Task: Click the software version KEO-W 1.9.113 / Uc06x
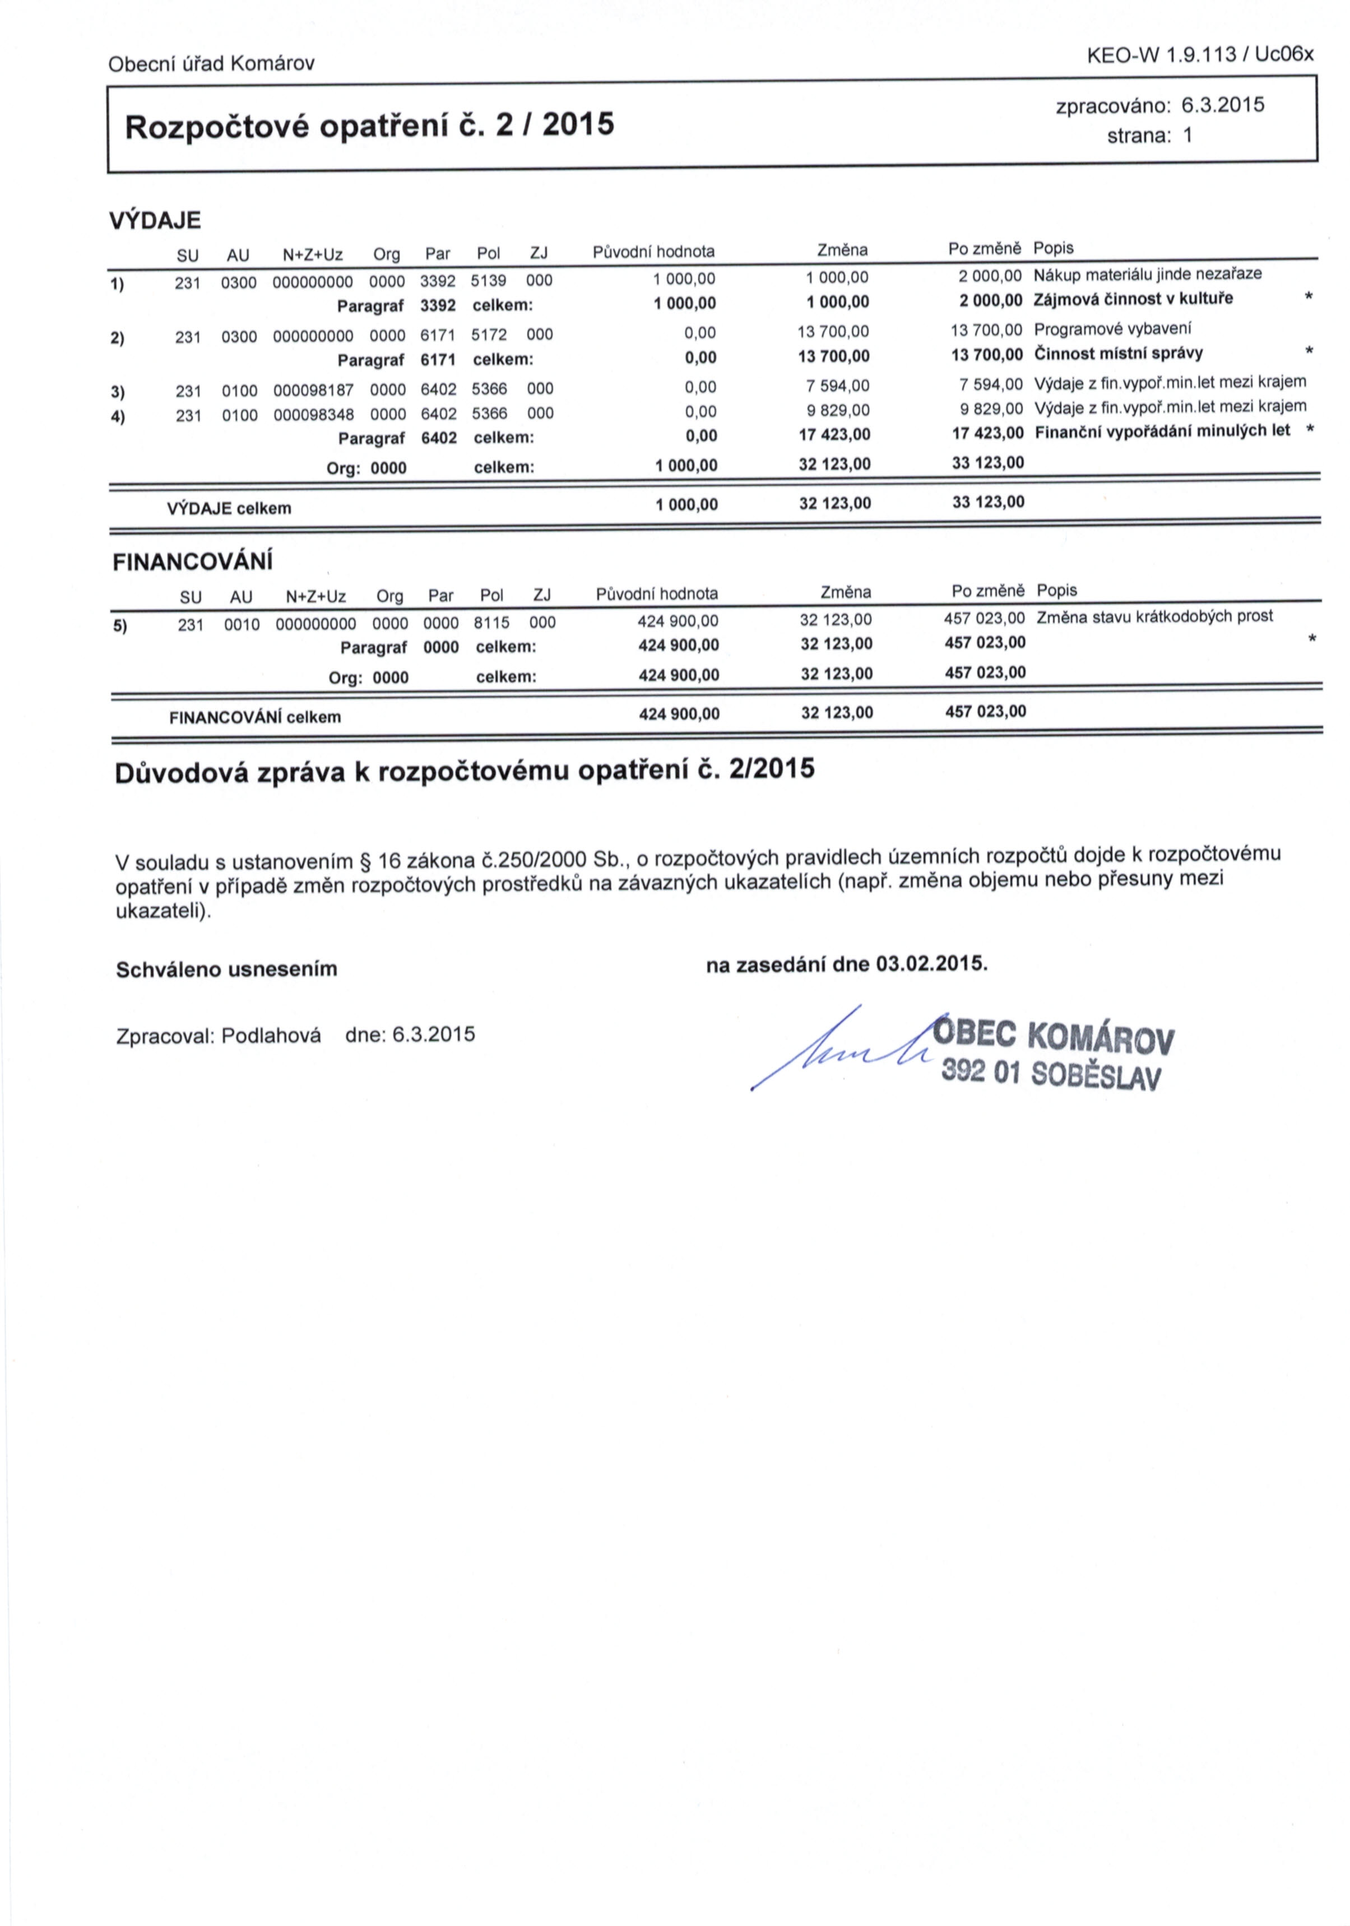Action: coord(1200,55)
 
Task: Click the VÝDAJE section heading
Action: coord(155,221)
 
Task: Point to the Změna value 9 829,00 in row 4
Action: coord(838,410)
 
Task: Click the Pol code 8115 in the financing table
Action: coord(491,623)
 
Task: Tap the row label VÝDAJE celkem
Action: coord(229,508)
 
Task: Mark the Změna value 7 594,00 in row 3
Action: coord(838,386)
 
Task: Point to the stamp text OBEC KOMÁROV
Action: coord(1054,1038)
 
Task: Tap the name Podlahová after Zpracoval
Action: coord(271,1035)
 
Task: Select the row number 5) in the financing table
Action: coord(120,624)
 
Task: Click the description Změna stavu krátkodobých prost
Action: coord(1154,616)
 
